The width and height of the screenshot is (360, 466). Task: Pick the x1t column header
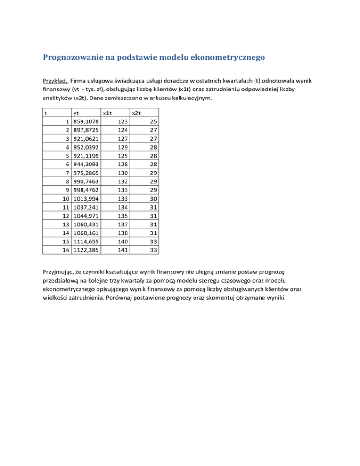[107, 113]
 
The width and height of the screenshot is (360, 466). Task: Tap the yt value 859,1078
[85, 121]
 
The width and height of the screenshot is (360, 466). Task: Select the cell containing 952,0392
[85, 147]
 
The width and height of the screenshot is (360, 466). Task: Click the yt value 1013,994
[85, 199]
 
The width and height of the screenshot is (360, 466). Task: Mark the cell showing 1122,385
[85, 250]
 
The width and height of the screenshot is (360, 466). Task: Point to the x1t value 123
[121, 121]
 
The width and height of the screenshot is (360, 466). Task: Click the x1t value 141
[121, 250]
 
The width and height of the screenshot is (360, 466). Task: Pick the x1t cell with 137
[121, 225]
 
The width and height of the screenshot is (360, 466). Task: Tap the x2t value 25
[153, 121]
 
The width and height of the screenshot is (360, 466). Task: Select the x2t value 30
[153, 199]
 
